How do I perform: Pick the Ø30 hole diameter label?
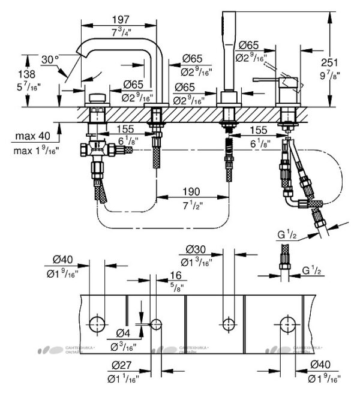193,250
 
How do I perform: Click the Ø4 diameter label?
123,333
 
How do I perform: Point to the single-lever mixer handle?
269,78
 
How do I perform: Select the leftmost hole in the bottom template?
97,323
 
